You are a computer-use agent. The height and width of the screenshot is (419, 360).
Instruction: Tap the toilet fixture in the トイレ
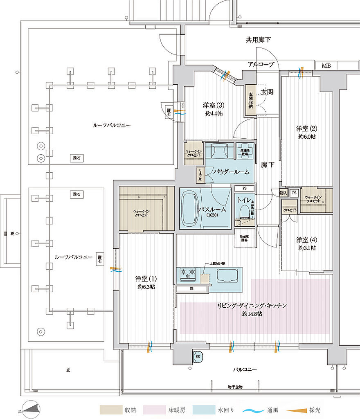pyautogui.click(x=244, y=212)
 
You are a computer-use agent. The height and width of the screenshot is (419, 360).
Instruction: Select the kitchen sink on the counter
pyautogui.click(x=227, y=275)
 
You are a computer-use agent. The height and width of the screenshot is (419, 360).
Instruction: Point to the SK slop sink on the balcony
pyautogui.click(x=198, y=357)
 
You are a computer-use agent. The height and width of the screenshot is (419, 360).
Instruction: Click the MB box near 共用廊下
pyautogui.click(x=326, y=66)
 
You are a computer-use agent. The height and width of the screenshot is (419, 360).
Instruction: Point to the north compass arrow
pyautogui.click(x=32, y=409)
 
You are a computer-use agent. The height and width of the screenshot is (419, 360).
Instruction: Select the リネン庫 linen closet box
pyautogui.click(x=200, y=174)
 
